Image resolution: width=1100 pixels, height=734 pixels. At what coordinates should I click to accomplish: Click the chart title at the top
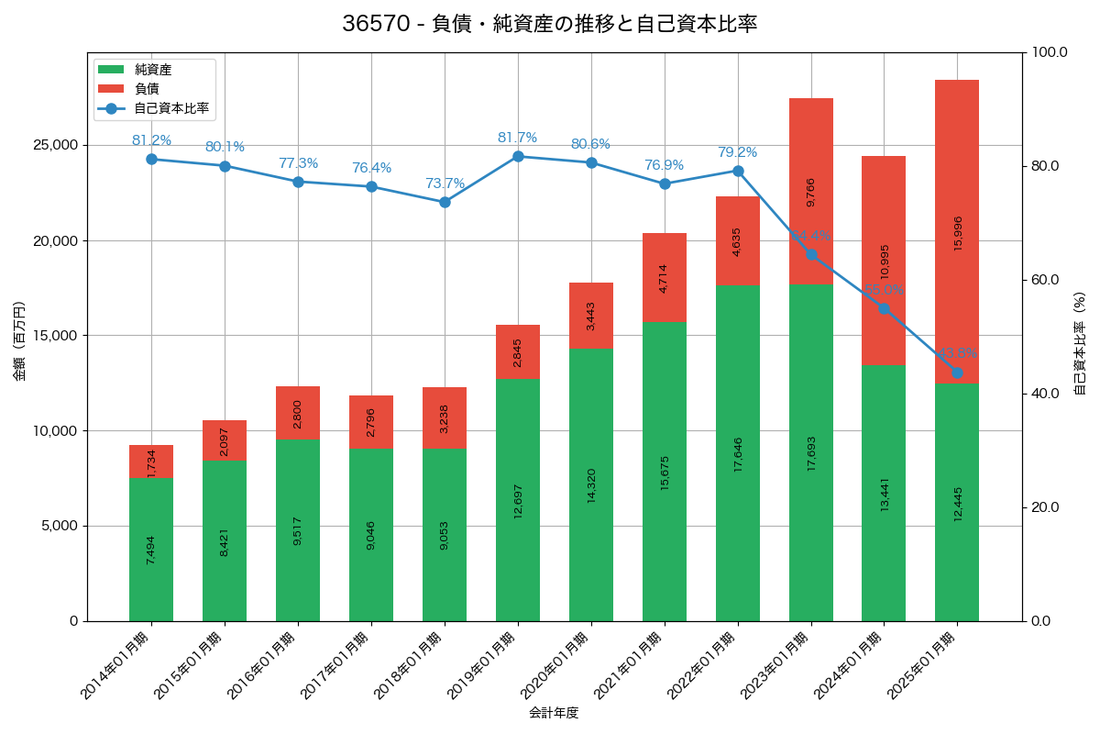tap(549, 24)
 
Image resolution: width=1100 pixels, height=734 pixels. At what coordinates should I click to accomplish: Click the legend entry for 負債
tap(147, 89)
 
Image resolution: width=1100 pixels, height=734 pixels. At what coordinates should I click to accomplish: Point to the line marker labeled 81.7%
tap(518, 157)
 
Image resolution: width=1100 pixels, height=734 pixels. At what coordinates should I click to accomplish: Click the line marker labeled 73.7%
tap(445, 202)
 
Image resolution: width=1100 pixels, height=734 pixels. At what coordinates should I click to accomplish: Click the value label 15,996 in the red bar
tap(958, 234)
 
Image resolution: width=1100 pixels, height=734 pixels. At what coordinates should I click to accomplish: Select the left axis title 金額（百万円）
tap(19, 340)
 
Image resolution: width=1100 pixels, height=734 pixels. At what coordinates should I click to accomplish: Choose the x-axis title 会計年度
tap(554, 713)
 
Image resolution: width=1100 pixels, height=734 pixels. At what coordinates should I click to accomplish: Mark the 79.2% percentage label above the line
tap(738, 152)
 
